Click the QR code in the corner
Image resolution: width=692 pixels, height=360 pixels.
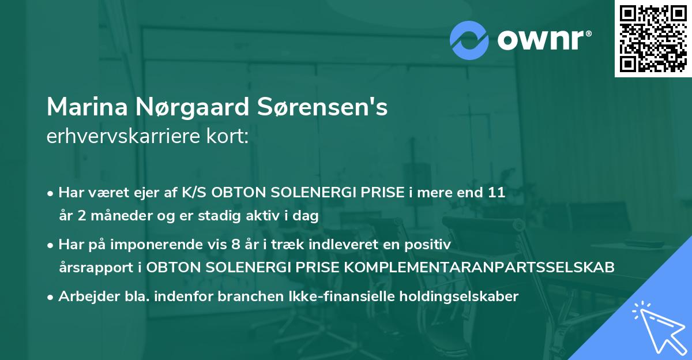point(653,39)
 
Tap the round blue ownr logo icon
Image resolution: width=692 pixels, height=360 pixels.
point(469,41)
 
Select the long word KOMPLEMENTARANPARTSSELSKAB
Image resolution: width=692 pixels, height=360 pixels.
point(490,268)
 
